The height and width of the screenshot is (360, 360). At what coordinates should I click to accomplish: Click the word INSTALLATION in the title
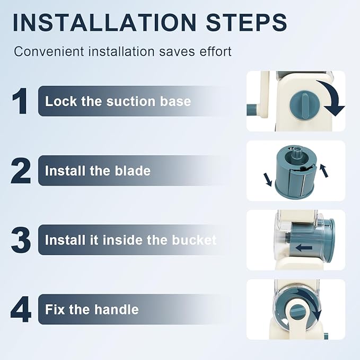(x=104, y=22)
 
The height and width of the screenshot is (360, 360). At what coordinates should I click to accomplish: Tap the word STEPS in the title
(x=247, y=22)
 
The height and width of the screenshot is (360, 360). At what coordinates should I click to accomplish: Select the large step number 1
(x=20, y=101)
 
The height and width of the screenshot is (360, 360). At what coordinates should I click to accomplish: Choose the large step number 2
(x=21, y=171)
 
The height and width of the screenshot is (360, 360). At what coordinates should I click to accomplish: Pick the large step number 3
(x=21, y=240)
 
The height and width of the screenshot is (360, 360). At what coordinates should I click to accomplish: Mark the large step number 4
(x=21, y=309)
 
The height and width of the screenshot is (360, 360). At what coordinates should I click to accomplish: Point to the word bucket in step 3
(x=194, y=240)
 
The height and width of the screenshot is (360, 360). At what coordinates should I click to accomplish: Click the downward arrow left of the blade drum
(x=268, y=180)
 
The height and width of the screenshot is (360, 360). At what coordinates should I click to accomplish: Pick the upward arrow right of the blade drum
(x=324, y=170)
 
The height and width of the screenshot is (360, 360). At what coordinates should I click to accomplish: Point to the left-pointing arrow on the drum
(x=303, y=248)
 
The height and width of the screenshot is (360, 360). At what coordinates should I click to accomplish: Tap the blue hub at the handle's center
(x=297, y=312)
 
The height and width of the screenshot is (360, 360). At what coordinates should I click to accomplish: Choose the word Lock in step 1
(x=61, y=101)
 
